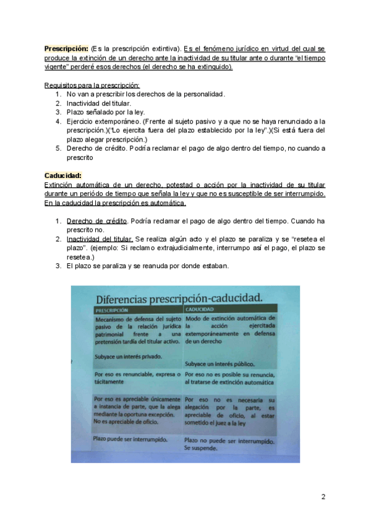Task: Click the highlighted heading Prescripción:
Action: click(x=66, y=48)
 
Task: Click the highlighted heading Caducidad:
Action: click(x=64, y=175)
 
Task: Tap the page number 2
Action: click(x=323, y=496)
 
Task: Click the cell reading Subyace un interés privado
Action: click(x=128, y=357)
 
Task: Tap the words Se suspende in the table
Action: click(x=201, y=448)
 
